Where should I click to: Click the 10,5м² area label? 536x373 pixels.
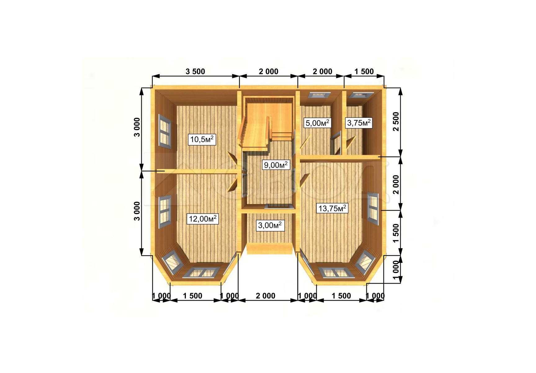pos(202,139)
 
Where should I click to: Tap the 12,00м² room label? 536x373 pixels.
pos(203,219)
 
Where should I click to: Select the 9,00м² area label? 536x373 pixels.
pos(276,165)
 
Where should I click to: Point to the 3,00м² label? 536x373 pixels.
pos(270,225)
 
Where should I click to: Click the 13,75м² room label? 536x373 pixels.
pos(331,208)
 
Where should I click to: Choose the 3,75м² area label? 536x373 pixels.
pos(359,123)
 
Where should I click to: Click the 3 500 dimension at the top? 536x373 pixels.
pos(195,71)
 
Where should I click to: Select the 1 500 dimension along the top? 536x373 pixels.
pos(364,71)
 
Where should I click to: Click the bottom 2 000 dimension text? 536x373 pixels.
pos(266,296)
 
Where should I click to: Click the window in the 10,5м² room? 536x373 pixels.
pos(165,131)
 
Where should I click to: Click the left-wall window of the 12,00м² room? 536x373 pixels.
pos(165,212)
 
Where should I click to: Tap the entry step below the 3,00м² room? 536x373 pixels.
pos(270,249)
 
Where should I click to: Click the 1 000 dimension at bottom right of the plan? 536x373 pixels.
pos(375,296)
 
